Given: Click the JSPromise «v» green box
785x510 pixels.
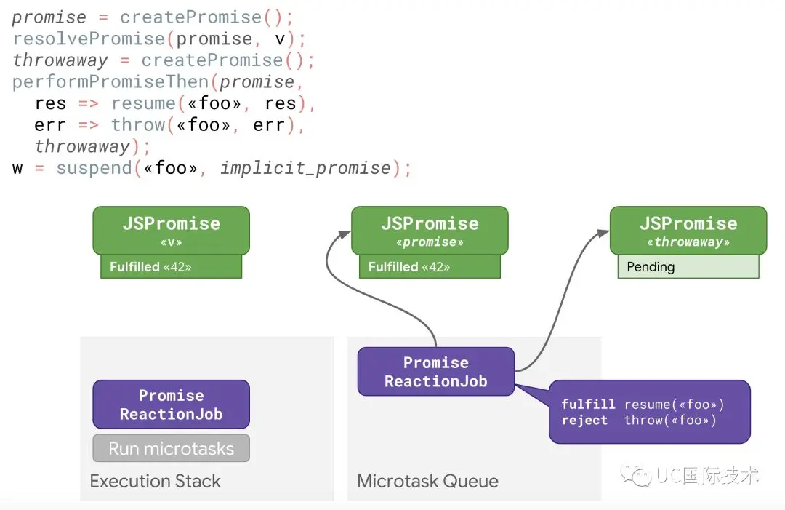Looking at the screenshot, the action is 172,231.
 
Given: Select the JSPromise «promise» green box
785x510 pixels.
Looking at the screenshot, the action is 430,231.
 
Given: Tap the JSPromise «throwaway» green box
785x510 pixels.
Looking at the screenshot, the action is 688,231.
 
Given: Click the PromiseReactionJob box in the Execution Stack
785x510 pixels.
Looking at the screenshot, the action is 172,405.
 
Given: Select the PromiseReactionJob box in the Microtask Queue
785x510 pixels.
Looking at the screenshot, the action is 436,372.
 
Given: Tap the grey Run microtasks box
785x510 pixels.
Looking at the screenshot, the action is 172,448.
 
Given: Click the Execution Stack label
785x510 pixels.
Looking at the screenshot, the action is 156,481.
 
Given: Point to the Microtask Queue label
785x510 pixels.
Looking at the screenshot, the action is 427,481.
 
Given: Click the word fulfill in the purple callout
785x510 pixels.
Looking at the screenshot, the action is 588,404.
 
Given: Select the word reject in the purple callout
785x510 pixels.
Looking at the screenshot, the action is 584,421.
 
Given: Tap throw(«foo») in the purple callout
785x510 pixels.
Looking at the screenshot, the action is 670,421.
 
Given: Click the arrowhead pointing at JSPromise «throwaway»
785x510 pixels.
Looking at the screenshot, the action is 603,233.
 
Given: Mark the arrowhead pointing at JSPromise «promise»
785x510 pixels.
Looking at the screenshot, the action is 345,234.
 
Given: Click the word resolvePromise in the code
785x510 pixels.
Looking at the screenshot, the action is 89,39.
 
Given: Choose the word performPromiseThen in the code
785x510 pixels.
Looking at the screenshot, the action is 110,81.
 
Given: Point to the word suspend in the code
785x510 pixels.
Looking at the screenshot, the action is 94,168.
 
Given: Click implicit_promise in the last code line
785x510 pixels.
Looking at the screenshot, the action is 305,168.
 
